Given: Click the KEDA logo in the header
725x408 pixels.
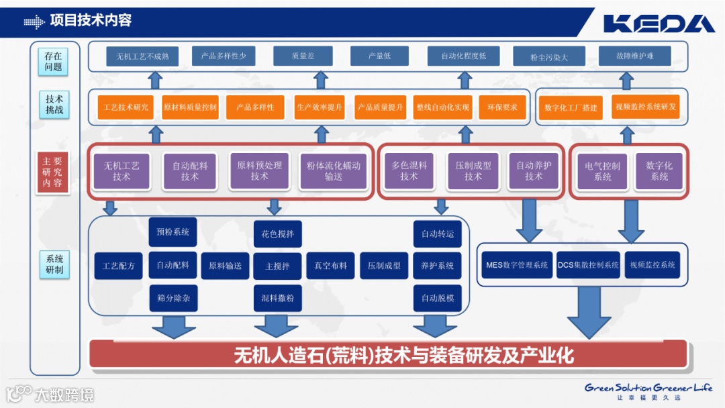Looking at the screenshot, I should point(659,23).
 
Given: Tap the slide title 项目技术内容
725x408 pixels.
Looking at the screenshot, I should point(91,21).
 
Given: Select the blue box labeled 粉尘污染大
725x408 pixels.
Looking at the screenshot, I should point(548,57).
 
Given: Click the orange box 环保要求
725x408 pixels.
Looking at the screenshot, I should point(503,107).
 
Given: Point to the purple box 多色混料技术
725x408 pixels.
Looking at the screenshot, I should point(409,170).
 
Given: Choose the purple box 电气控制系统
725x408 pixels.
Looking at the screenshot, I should point(602,170).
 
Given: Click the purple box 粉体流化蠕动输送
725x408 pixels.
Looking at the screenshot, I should point(334,170).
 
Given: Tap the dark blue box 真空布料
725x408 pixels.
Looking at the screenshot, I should point(330,266).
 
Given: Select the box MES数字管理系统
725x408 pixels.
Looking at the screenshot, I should point(516,265).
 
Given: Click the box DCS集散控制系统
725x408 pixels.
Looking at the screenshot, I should point(588,265).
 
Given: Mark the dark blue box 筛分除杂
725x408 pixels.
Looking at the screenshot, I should point(173,298).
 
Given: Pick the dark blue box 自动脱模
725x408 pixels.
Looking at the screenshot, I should point(437,298).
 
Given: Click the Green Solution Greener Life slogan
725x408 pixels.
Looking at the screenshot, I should point(648,388).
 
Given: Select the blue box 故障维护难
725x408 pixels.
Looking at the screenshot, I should point(634,56).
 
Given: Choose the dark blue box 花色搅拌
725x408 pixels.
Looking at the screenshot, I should point(277,234).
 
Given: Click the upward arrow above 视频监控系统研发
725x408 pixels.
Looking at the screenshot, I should point(627,80).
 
